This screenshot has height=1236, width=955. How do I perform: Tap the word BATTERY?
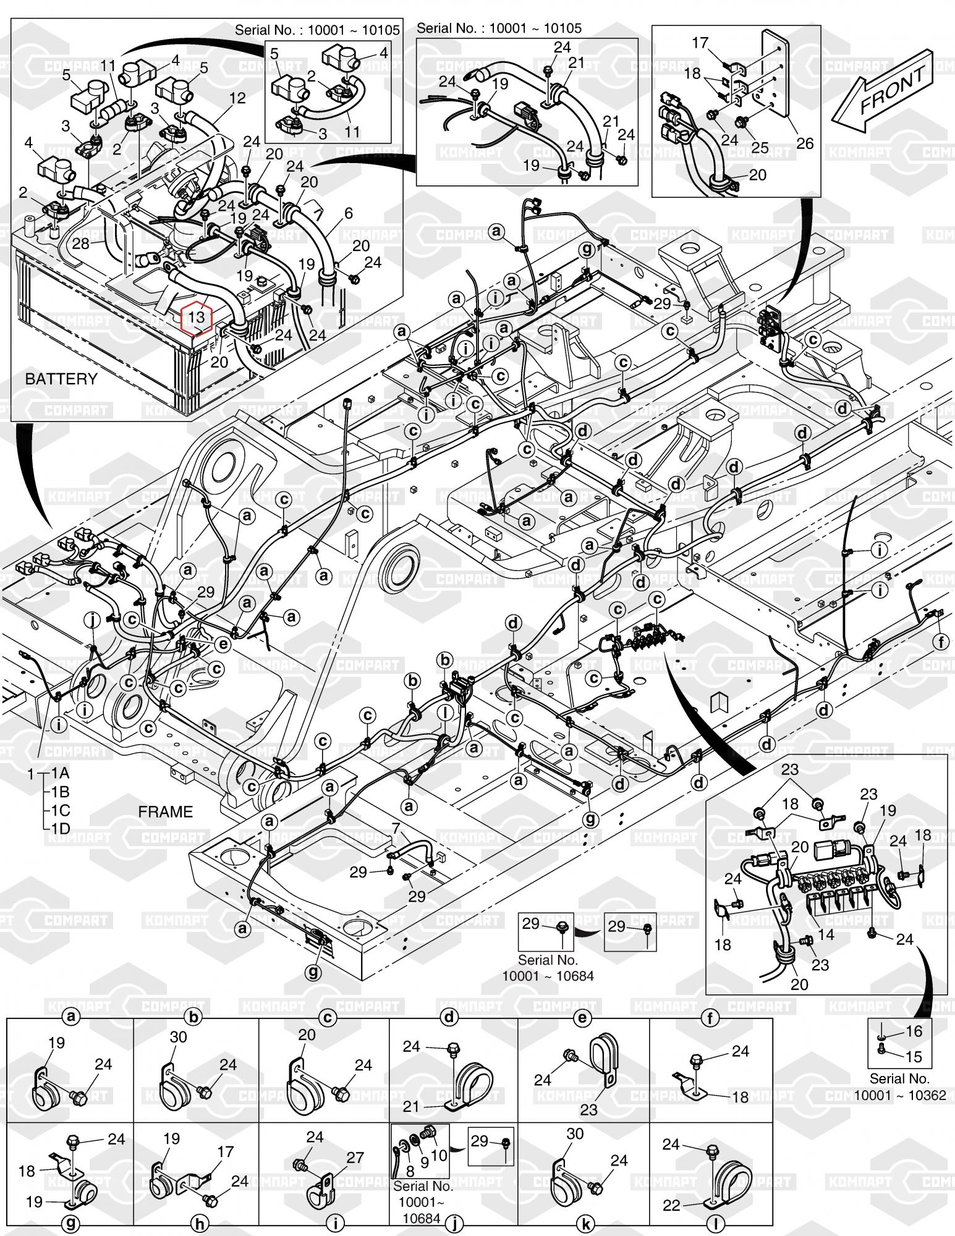[x=61, y=379]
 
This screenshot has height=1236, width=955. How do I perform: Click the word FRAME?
[x=165, y=811]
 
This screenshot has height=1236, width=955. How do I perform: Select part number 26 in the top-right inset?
[x=805, y=143]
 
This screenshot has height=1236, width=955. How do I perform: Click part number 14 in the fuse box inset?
[x=826, y=934]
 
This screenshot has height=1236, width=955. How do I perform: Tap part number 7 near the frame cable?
[x=396, y=827]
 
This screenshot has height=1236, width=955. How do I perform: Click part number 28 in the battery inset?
[x=81, y=243]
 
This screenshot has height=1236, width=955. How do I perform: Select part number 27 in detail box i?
[x=355, y=1158]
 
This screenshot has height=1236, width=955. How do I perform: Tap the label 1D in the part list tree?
[x=60, y=828]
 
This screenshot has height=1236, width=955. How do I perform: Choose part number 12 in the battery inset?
[x=237, y=98]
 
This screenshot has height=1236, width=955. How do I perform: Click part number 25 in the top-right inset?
[x=760, y=147]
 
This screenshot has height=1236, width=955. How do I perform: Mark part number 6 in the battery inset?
[x=349, y=213]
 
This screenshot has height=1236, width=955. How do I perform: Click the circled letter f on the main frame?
[x=941, y=642]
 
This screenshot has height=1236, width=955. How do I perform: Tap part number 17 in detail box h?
[x=226, y=1151]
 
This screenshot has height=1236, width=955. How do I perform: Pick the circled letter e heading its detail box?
[x=582, y=1017]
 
